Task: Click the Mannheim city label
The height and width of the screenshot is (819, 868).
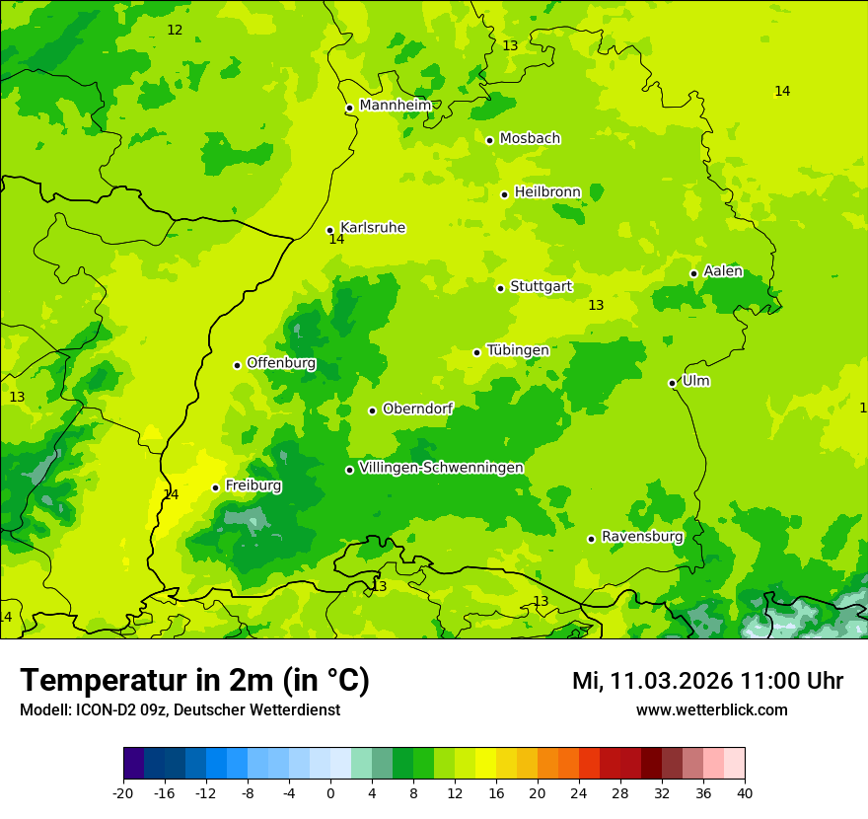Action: [395, 106]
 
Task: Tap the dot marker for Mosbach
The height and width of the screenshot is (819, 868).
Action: [489, 140]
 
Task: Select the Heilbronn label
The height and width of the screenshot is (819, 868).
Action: [547, 192]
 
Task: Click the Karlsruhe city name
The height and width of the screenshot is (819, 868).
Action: [373, 228]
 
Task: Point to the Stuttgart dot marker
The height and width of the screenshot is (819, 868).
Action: [500, 288]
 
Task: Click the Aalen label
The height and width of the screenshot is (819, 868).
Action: [723, 271]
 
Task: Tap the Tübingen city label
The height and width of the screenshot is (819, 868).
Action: [518, 350]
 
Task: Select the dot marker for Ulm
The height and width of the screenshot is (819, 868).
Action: [672, 383]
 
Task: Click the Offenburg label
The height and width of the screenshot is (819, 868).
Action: [281, 363]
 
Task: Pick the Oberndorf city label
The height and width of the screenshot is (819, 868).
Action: [418, 409]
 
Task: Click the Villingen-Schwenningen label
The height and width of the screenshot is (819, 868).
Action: [441, 468]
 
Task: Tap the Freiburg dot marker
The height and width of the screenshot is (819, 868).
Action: [215, 487]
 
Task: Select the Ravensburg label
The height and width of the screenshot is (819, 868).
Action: [642, 537]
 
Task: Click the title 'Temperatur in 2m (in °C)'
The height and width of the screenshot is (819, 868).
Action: [194, 681]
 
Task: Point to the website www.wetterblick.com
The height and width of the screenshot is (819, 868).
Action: [711, 710]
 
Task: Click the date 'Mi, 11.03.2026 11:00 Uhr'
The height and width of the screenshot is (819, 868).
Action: [707, 681]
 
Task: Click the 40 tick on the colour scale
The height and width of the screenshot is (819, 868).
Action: [745, 792]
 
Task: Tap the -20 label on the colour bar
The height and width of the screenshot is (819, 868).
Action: [123, 792]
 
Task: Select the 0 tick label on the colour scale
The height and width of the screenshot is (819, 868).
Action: [330, 792]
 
